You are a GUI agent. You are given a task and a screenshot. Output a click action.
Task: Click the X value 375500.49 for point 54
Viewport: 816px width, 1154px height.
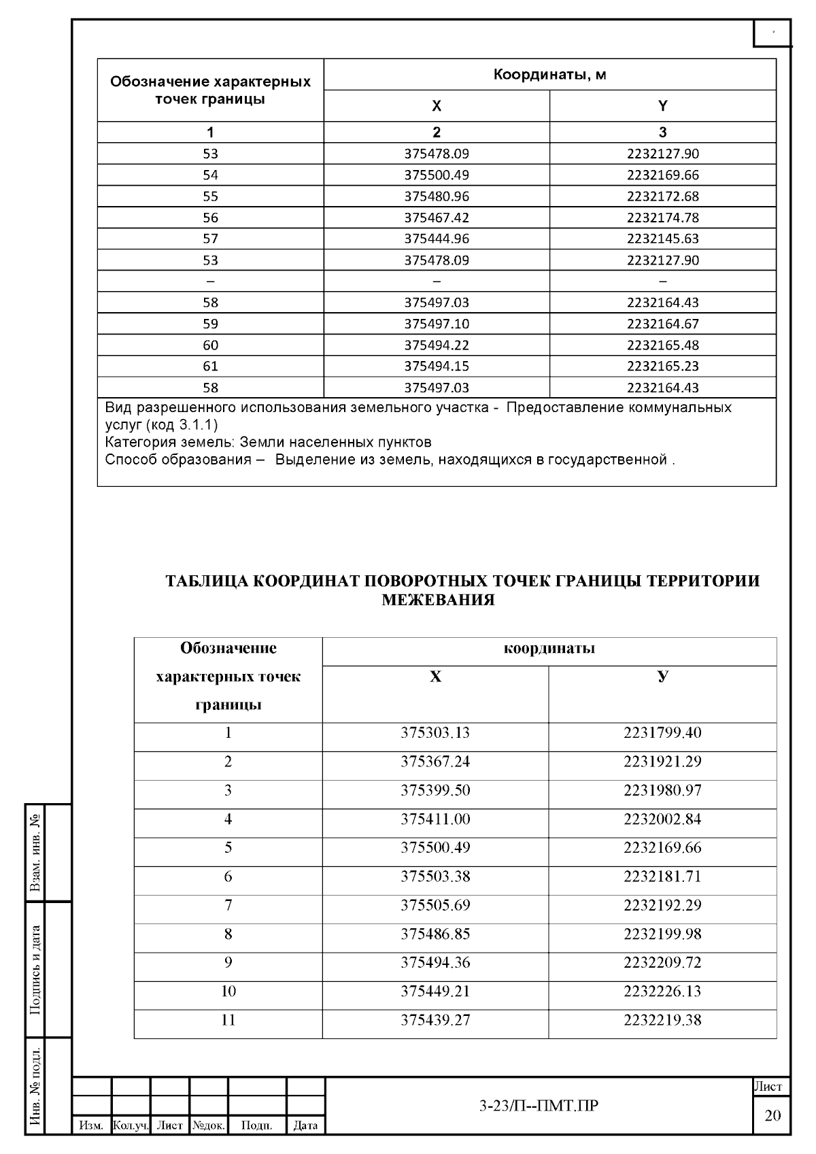tap(437, 175)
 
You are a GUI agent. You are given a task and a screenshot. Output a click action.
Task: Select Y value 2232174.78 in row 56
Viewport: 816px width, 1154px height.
tap(662, 218)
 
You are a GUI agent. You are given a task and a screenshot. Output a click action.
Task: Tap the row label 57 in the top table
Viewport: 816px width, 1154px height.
tap(210, 239)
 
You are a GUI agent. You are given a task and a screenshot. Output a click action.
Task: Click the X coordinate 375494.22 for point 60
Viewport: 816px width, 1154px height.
tap(437, 345)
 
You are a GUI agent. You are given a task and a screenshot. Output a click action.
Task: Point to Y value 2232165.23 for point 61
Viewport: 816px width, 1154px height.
tap(662, 366)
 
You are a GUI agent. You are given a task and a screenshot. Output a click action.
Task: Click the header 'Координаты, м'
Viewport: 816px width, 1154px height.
tap(549, 74)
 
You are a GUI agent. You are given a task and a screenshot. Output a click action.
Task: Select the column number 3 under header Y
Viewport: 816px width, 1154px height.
tap(662, 132)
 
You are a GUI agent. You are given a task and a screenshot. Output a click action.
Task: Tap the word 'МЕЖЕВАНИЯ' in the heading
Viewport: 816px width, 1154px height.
tap(438, 600)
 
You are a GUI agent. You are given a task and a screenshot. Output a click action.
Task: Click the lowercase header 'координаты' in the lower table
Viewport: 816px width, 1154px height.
tap(549, 648)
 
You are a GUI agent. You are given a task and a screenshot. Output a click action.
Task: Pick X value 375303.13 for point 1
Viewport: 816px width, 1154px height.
tap(435, 733)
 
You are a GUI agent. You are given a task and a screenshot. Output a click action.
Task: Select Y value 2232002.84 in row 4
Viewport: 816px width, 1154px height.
tap(662, 819)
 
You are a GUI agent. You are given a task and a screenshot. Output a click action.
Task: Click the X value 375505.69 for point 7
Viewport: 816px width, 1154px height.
tap(435, 905)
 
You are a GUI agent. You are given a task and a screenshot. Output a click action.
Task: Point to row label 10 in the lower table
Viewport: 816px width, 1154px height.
tap(228, 991)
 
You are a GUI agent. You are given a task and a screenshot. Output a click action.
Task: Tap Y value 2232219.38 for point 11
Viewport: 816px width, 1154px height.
tap(662, 1020)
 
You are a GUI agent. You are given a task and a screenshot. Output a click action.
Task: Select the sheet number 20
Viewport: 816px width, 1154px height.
tap(772, 1115)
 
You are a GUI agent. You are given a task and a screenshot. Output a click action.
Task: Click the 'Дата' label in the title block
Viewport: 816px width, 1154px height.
tap(305, 1125)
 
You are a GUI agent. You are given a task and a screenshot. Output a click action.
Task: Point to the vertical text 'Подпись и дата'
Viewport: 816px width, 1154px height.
tap(36, 970)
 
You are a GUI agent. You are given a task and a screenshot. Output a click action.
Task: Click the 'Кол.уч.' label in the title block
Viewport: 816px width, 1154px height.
tap(130, 1125)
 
